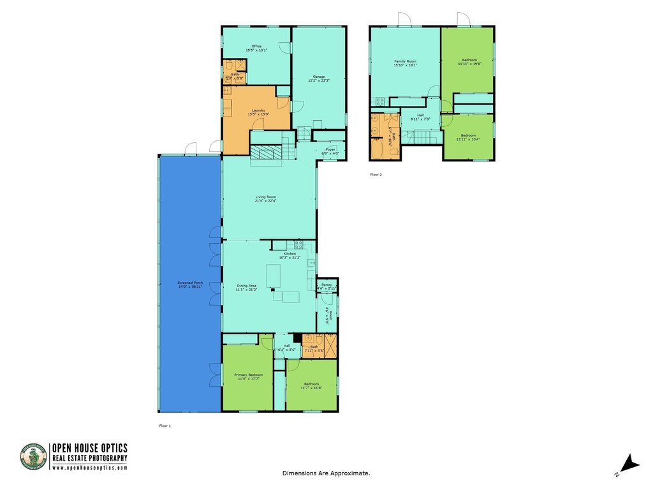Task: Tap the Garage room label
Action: (x=319, y=78)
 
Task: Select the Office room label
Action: (x=256, y=48)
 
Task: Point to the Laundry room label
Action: (x=258, y=112)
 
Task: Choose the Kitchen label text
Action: (x=291, y=255)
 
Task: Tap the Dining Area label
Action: (x=247, y=288)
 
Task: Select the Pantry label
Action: (x=326, y=286)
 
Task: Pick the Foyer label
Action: (x=330, y=152)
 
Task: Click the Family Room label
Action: (x=404, y=63)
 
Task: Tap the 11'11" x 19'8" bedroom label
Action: (x=469, y=62)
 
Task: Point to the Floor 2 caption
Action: (x=376, y=174)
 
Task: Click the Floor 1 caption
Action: (x=165, y=425)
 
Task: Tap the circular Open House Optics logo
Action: (x=34, y=457)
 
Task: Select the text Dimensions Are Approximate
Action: (x=326, y=473)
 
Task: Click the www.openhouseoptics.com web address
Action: (x=90, y=468)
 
